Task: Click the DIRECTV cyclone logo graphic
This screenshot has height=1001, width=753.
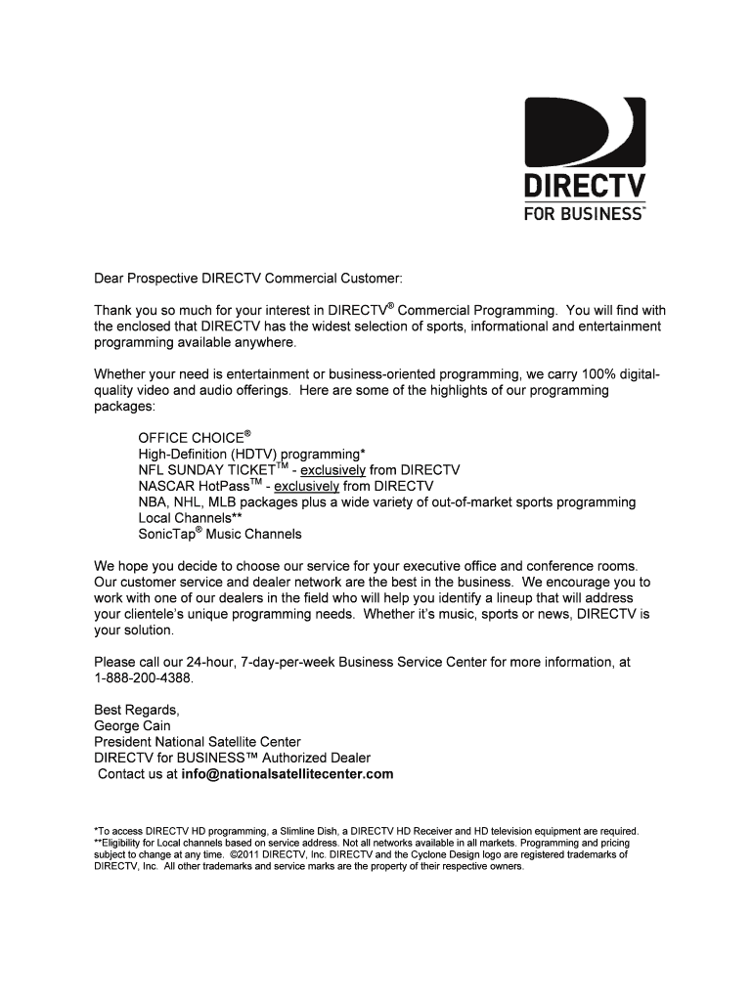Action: [x=585, y=132]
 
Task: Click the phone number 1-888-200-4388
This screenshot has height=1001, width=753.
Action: [x=144, y=677]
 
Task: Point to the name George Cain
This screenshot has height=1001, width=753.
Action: [x=132, y=726]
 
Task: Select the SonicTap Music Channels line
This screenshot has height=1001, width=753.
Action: [x=220, y=534]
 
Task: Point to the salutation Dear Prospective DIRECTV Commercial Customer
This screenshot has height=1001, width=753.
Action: [x=247, y=278]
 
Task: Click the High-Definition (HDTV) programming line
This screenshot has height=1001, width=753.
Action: [x=251, y=454]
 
